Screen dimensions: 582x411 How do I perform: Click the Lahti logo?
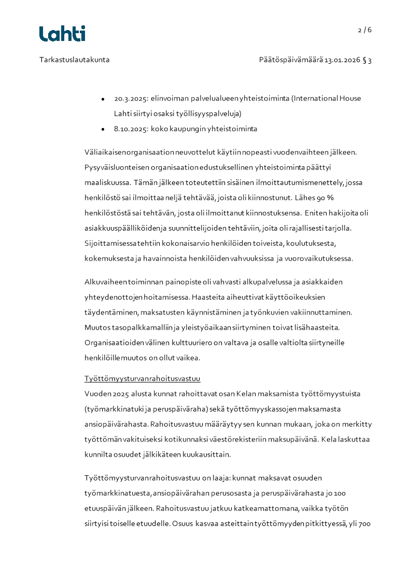pyautogui.click(x=62, y=34)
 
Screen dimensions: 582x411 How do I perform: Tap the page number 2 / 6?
pyautogui.click(x=365, y=30)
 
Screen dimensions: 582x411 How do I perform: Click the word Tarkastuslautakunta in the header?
pyautogui.click(x=75, y=60)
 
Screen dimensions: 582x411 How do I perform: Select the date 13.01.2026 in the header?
pyautogui.click(x=343, y=60)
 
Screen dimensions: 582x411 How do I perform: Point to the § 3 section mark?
pyautogui.click(x=367, y=60)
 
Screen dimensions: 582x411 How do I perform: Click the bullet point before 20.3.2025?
pyautogui.click(x=103, y=98)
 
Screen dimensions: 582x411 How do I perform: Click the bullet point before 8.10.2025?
pyautogui.click(x=103, y=129)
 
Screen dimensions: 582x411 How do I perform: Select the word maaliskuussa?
pyautogui.click(x=107, y=182)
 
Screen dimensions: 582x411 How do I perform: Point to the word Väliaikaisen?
pyautogui.click(x=106, y=152)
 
